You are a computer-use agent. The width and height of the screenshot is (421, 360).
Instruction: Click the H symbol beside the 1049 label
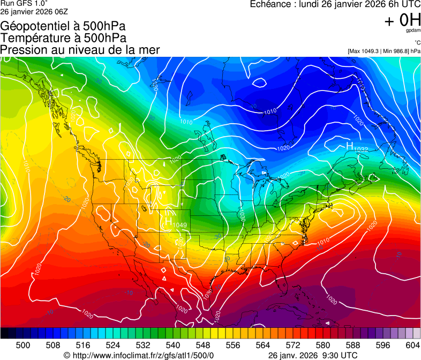point(168,220)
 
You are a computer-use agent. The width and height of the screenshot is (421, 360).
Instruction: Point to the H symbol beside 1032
point(349,146)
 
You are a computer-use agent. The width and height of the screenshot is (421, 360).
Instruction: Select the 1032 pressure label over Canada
point(361,149)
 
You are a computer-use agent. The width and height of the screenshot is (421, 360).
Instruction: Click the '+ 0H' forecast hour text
point(402,21)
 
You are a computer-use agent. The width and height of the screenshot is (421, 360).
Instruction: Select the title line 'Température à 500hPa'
point(63,38)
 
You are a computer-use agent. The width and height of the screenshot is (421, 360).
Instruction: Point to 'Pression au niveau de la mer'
point(80,50)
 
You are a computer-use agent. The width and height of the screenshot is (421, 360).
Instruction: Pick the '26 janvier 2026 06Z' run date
point(33,11)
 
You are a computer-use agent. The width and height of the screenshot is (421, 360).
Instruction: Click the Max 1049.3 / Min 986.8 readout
point(384,51)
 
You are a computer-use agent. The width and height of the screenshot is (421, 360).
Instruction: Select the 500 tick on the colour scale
point(23,344)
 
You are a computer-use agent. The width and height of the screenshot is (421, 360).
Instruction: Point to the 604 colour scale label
point(413,344)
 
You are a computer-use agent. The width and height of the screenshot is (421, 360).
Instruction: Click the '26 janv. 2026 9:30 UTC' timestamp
point(312,355)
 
